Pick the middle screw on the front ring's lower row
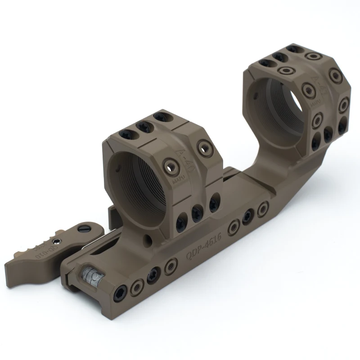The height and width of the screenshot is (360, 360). click(197, 213)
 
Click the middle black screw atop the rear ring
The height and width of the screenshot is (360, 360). click(279, 57)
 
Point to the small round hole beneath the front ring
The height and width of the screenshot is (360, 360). click(147, 237)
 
